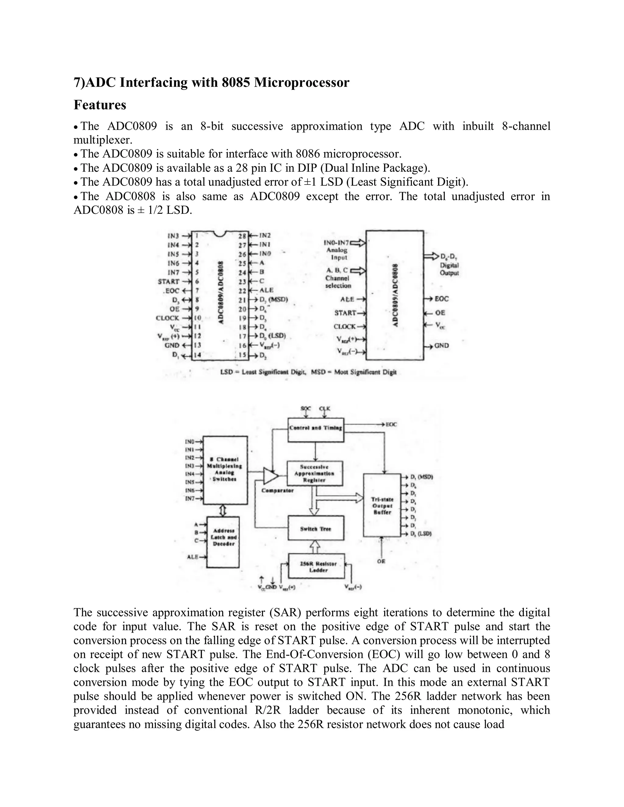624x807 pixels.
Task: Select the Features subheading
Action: click(x=100, y=105)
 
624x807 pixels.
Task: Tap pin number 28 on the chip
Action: click(x=242, y=236)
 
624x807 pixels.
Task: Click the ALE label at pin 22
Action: click(x=267, y=291)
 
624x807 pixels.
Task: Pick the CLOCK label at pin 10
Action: click(x=168, y=318)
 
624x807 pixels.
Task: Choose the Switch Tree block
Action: click(x=316, y=529)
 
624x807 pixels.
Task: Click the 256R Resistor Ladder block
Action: click(x=317, y=567)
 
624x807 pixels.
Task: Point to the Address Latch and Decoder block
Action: click(x=223, y=542)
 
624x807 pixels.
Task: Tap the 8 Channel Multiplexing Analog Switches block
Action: click(x=225, y=470)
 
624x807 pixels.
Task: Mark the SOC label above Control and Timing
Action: click(x=306, y=408)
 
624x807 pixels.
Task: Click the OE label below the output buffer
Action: click(x=381, y=561)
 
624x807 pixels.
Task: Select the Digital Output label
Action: click(x=449, y=269)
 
